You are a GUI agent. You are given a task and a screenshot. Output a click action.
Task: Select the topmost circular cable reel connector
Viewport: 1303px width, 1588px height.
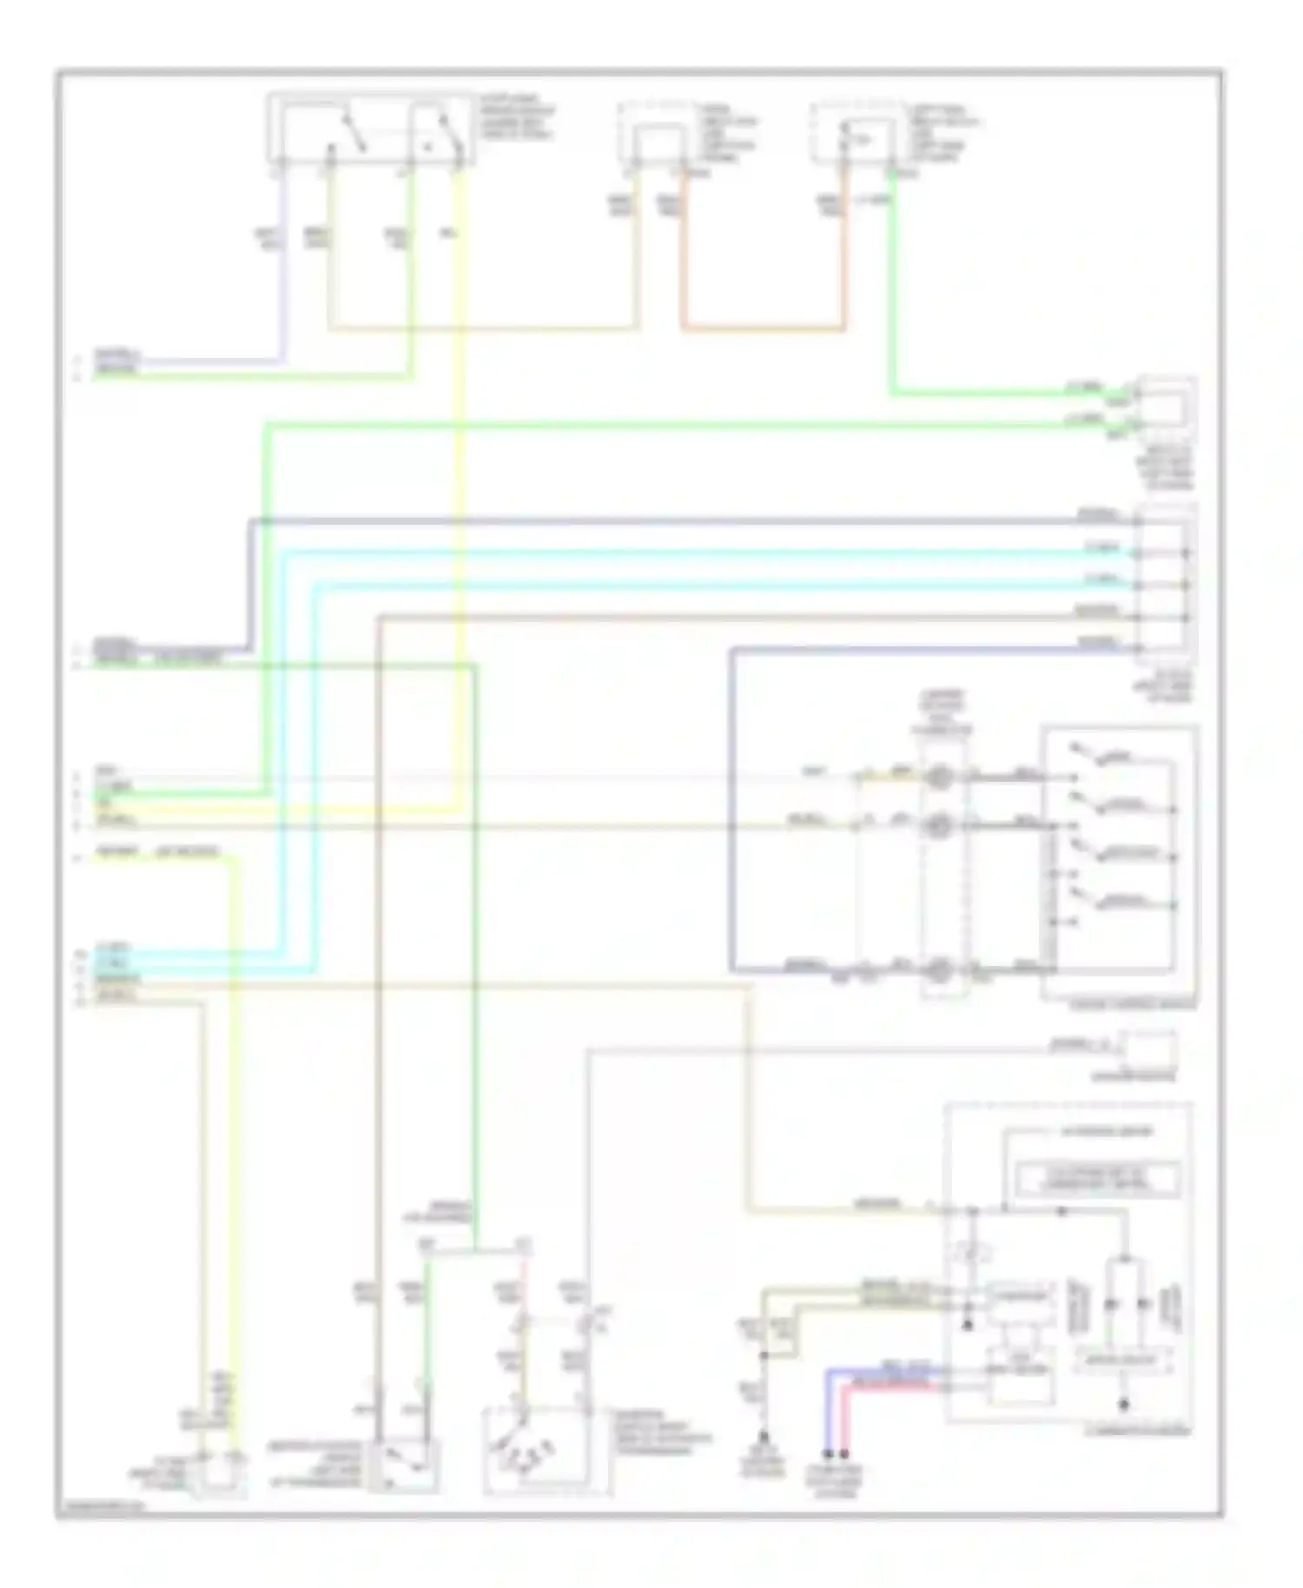[938, 777]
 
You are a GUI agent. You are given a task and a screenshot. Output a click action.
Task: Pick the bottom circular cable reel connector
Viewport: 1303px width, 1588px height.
[938, 971]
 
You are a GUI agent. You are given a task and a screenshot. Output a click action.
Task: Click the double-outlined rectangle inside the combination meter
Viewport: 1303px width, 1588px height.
[1099, 1179]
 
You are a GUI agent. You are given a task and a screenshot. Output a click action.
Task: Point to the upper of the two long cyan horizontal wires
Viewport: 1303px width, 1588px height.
[695, 552]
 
